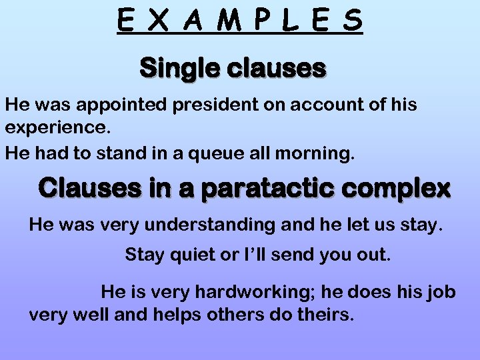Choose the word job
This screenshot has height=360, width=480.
pyautogui.click(x=440, y=291)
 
